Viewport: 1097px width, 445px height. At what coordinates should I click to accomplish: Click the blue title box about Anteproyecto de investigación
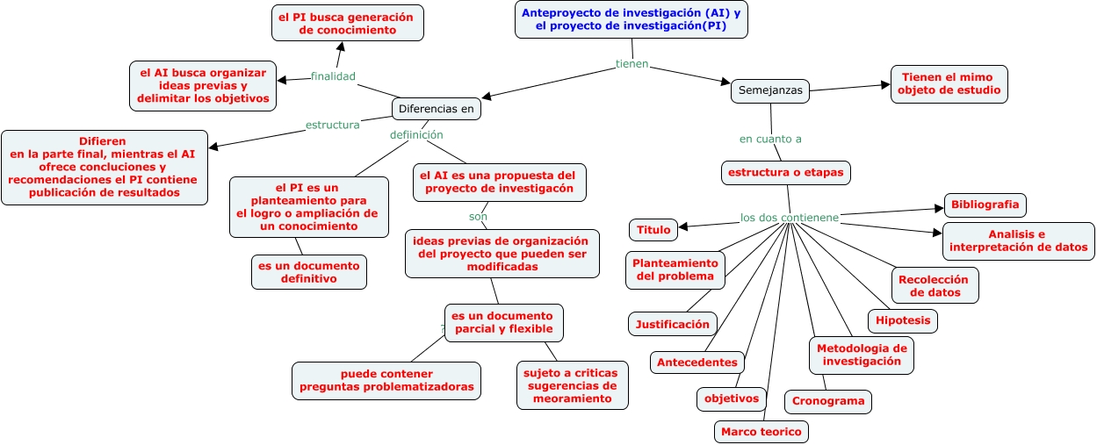pyautogui.click(x=631, y=19)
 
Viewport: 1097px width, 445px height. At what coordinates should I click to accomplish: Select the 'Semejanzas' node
pyautogui.click(x=770, y=90)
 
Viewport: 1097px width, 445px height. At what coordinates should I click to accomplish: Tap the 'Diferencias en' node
pyautogui.click(x=436, y=109)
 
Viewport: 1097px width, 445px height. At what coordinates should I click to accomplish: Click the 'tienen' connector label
pyautogui.click(x=631, y=64)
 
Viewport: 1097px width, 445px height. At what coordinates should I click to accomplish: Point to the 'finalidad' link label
pyautogui.click(x=333, y=76)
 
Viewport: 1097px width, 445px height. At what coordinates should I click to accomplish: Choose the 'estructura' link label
pyautogui.click(x=332, y=125)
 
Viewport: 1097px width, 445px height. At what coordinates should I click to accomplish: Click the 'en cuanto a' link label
pyautogui.click(x=770, y=139)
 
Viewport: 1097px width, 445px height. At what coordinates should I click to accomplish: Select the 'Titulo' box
pyautogui.click(x=653, y=230)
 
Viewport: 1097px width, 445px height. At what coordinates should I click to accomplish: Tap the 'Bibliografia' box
pyautogui.click(x=985, y=205)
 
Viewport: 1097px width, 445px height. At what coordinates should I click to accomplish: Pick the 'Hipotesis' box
pyautogui.click(x=902, y=321)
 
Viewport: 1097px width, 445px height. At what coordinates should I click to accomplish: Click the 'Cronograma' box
pyautogui.click(x=828, y=402)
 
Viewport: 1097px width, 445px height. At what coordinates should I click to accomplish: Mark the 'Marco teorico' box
pyautogui.click(x=760, y=432)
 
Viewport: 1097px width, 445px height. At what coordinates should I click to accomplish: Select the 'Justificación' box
pyautogui.click(x=673, y=324)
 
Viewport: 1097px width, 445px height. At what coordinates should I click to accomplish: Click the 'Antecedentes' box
pyautogui.click(x=697, y=362)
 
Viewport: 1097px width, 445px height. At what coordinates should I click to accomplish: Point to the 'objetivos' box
pyautogui.click(x=731, y=398)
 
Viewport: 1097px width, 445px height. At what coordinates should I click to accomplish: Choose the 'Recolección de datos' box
pyautogui.click(x=935, y=285)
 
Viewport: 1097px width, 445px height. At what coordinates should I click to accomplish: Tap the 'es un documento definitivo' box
pyautogui.click(x=308, y=272)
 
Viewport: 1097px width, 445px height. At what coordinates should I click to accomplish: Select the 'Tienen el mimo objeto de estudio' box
pyautogui.click(x=949, y=84)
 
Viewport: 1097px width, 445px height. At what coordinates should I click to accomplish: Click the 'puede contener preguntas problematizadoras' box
pyautogui.click(x=386, y=380)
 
